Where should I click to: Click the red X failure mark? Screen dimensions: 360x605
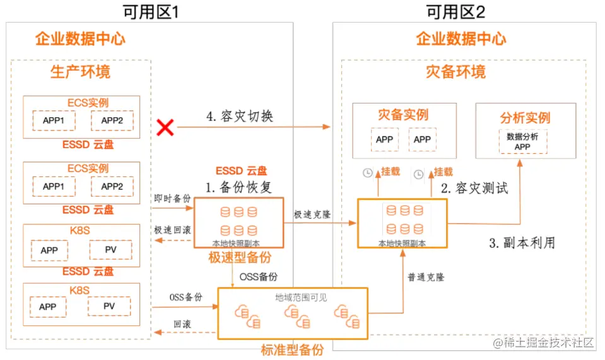165,128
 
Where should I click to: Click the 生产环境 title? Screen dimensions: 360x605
80,71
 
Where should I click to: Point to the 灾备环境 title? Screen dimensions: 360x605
455,71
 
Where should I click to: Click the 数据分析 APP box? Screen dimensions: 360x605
522,141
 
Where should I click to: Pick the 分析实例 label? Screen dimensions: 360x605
525,118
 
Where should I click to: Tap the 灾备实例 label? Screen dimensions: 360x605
403,115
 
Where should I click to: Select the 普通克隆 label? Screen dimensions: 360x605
425,277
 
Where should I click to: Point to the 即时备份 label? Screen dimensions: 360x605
172,198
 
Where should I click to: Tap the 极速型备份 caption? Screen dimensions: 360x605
240,257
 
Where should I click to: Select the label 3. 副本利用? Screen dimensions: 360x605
522,243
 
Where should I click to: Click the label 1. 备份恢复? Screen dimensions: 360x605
240,187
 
